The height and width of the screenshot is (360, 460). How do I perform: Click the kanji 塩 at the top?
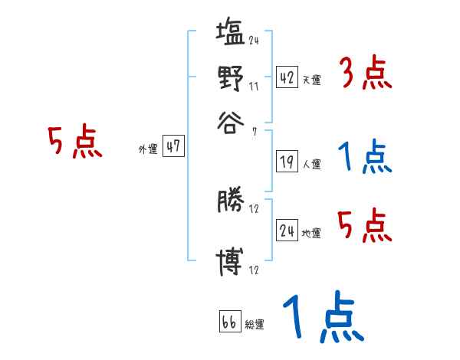click(x=230, y=34)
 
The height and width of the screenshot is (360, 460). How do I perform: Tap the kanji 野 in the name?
click(x=230, y=77)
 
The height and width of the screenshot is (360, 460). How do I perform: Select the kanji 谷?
click(x=230, y=121)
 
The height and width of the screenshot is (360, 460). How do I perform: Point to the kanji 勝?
click(x=230, y=202)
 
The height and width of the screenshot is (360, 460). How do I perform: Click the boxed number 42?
click(x=287, y=77)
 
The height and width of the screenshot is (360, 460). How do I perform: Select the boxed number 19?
click(x=287, y=162)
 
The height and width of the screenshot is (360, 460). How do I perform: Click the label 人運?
click(x=312, y=164)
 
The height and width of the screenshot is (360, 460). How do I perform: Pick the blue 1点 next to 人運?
click(x=365, y=158)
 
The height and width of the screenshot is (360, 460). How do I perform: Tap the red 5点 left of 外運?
click(x=75, y=143)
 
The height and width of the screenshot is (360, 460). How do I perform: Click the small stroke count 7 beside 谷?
click(x=254, y=133)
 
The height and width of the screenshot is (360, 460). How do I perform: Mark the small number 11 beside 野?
click(x=254, y=87)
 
